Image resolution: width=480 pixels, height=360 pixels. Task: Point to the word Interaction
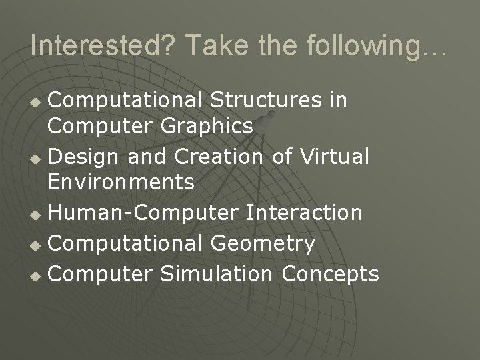pyautogui.click(x=305, y=213)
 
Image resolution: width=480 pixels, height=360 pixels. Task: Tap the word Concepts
pyautogui.click(x=331, y=274)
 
